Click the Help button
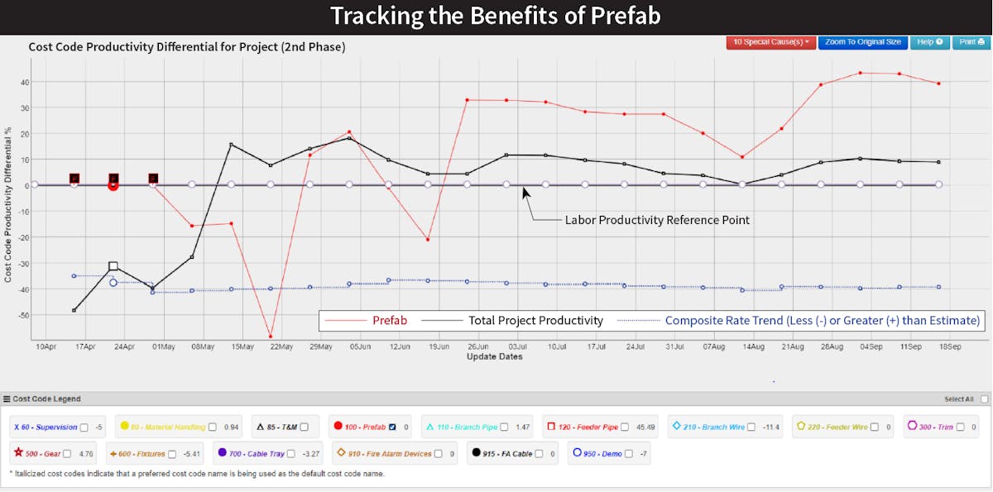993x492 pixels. click(929, 41)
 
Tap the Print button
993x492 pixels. click(969, 41)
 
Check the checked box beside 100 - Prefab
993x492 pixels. click(393, 427)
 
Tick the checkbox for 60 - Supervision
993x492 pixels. click(84, 427)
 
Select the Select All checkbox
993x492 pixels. click(984, 399)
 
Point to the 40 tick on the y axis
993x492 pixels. click(25, 82)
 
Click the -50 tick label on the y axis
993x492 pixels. click(23, 315)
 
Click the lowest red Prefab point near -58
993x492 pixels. click(271, 337)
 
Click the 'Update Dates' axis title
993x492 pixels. click(494, 357)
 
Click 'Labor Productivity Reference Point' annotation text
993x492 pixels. click(658, 220)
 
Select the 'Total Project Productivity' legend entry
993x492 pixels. click(535, 320)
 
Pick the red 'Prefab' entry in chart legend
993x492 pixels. click(389, 320)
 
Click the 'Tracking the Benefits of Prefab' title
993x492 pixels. click(496, 16)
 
